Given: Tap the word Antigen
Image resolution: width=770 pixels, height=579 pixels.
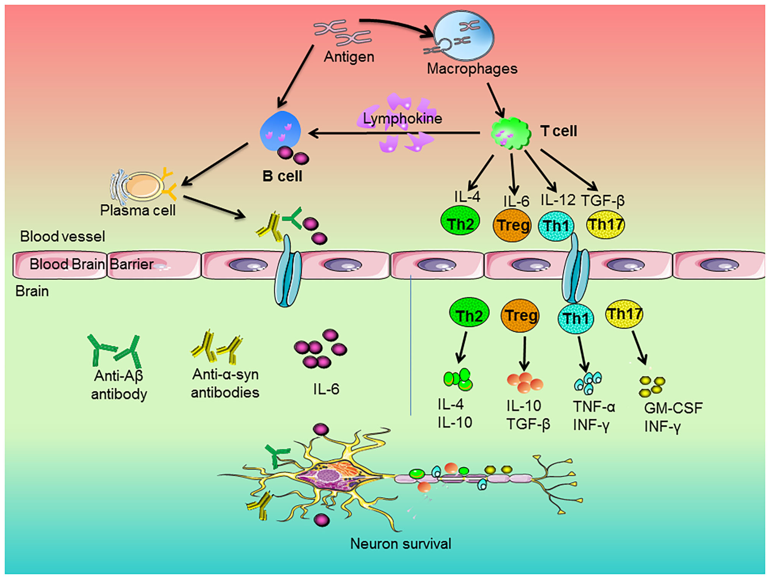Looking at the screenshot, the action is pyautogui.click(x=349, y=57).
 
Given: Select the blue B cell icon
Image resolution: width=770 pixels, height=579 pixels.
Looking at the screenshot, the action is pyautogui.click(x=280, y=131).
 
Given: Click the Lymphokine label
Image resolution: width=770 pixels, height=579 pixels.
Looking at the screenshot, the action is pyautogui.click(x=403, y=118).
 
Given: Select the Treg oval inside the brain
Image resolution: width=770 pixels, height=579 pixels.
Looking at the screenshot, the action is pyautogui.click(x=520, y=316).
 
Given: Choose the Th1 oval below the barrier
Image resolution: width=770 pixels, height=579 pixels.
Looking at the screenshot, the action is pyautogui.click(x=576, y=318).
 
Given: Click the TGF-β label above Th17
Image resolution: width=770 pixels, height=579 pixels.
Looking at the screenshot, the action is pyautogui.click(x=603, y=201).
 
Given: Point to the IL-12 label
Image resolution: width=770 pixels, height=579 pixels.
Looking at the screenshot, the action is pyautogui.click(x=558, y=200).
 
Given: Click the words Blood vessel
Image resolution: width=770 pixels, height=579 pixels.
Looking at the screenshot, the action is pyautogui.click(x=63, y=237).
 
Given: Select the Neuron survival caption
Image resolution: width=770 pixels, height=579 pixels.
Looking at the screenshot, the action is pyautogui.click(x=401, y=544).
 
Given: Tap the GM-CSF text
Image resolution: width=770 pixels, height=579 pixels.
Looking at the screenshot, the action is pyautogui.click(x=673, y=408).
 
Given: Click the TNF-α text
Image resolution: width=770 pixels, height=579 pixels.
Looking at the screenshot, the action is pyautogui.click(x=594, y=406).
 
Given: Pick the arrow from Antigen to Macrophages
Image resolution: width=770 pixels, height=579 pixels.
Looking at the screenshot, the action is pyautogui.click(x=397, y=25).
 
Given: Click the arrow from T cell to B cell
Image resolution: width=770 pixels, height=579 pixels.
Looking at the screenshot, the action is pyautogui.click(x=394, y=133).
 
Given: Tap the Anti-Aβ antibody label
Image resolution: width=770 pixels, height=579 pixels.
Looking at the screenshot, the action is pyautogui.click(x=119, y=385).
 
